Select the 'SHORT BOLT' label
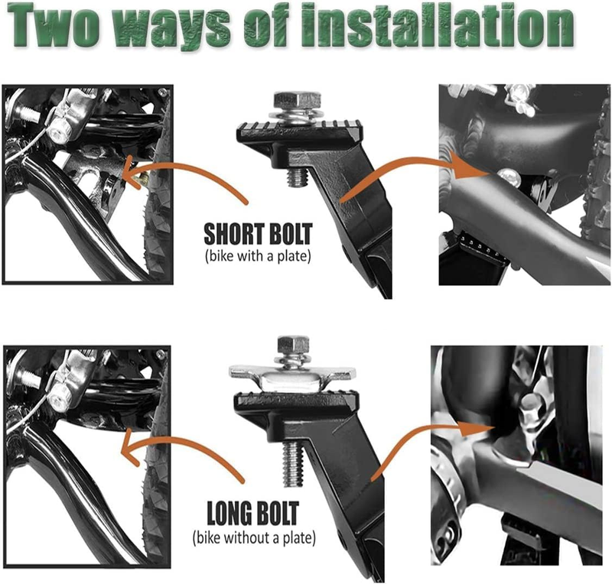coord(258,234)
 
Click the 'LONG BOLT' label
coord(253,514)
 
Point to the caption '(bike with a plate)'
coord(258,257)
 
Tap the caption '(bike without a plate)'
coord(254,538)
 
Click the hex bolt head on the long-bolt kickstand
coord(294,345)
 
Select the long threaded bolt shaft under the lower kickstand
coord(292,463)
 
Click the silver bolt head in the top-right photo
coord(509,176)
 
